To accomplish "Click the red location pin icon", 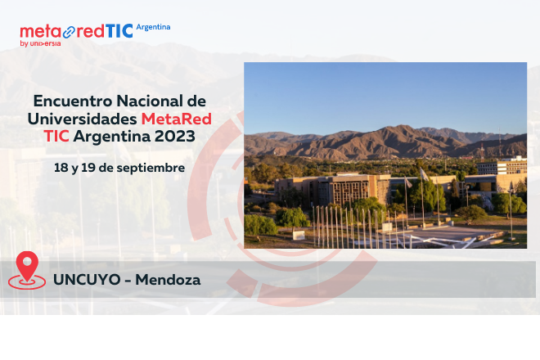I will (x=28, y=270).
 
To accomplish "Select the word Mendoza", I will (x=168, y=280).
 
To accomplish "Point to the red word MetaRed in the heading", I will (x=176, y=119).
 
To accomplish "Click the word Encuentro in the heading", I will (x=72, y=101).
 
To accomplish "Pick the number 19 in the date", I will (x=88, y=167).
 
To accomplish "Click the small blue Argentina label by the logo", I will (x=153, y=26).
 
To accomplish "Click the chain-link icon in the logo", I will (x=69, y=32).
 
